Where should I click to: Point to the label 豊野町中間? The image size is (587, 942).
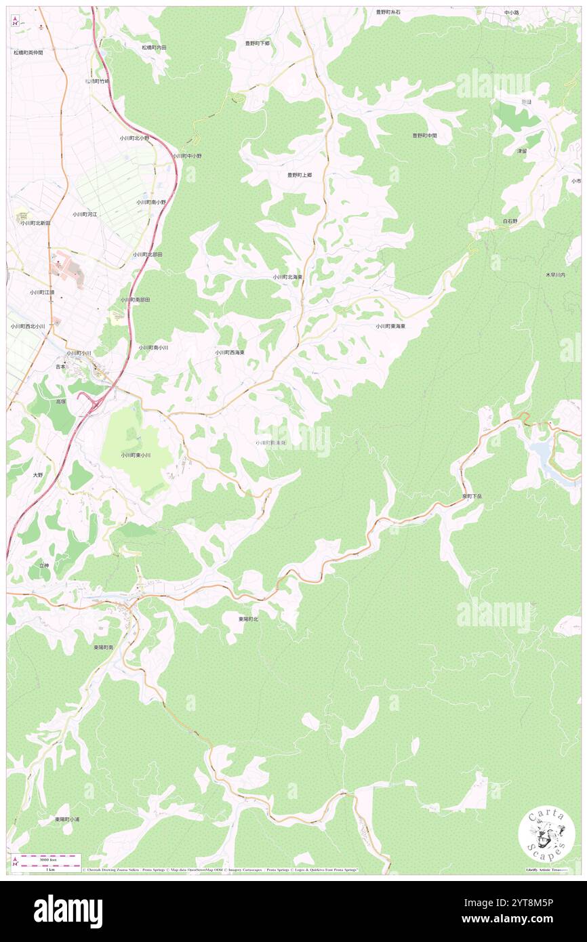(x=424, y=136)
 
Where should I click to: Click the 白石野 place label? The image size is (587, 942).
(x=510, y=222)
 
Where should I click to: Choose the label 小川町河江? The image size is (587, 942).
(x=85, y=214)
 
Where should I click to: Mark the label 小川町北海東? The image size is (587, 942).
(x=287, y=277)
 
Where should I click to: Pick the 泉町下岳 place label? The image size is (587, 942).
(x=472, y=496)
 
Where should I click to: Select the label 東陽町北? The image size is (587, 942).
(x=248, y=619)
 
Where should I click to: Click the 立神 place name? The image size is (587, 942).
(x=44, y=565)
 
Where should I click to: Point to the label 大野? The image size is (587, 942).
(x=38, y=475)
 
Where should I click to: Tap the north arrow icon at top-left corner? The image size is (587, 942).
(x=15, y=20)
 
